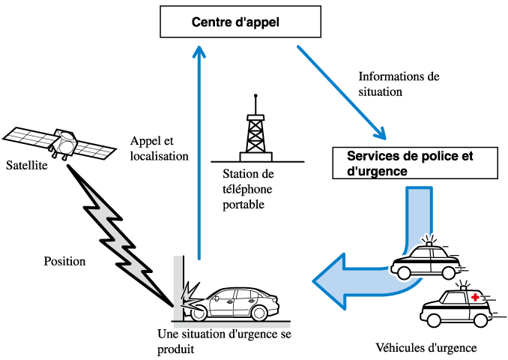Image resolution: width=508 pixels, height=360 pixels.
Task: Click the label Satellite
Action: pyautogui.click(x=26, y=165)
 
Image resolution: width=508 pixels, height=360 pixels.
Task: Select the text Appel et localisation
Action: pyautogui.click(x=159, y=149)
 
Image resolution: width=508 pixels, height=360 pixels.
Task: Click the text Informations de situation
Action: pyautogui.click(x=399, y=84)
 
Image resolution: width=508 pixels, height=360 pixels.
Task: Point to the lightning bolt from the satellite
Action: pyautogui.click(x=120, y=232)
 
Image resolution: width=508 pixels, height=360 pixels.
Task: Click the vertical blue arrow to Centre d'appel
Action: pyautogui.click(x=199, y=150)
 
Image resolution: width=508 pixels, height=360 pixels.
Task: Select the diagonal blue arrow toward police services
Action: pyautogui.click(x=341, y=92)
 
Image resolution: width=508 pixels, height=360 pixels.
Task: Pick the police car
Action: pyautogui.click(x=426, y=260)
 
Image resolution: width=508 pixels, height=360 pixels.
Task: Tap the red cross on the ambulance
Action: pyautogui.click(x=474, y=298)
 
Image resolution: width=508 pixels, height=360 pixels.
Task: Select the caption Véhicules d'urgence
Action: pyautogui.click(x=426, y=348)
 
